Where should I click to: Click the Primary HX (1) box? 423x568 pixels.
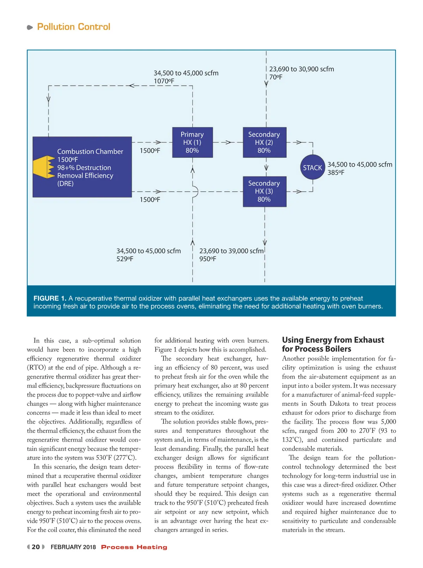point(192,142)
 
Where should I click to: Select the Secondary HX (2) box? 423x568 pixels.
point(264,142)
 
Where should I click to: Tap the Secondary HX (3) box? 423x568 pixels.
point(264,191)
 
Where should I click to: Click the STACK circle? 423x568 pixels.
point(312,168)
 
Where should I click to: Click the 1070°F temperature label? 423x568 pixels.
point(164,81)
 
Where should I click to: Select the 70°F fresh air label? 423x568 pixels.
point(276,77)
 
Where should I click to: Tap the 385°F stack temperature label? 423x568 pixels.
point(336,173)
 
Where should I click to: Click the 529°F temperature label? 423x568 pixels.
point(125,259)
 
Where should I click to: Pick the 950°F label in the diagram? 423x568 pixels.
point(208,259)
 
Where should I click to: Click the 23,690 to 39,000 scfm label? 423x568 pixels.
point(231,251)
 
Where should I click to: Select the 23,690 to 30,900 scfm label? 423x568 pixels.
point(301,69)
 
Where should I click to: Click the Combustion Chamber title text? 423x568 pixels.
point(90,151)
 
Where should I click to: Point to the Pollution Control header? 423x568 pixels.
point(74,27)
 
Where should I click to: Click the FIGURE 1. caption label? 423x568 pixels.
point(50,298)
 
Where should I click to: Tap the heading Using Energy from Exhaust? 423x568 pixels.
point(333,340)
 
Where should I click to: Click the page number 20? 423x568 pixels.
point(36,547)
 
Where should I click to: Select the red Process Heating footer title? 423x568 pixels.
point(134,547)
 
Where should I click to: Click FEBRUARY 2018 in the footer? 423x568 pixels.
point(73,547)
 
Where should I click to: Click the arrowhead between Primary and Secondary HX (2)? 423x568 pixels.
point(228,143)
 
